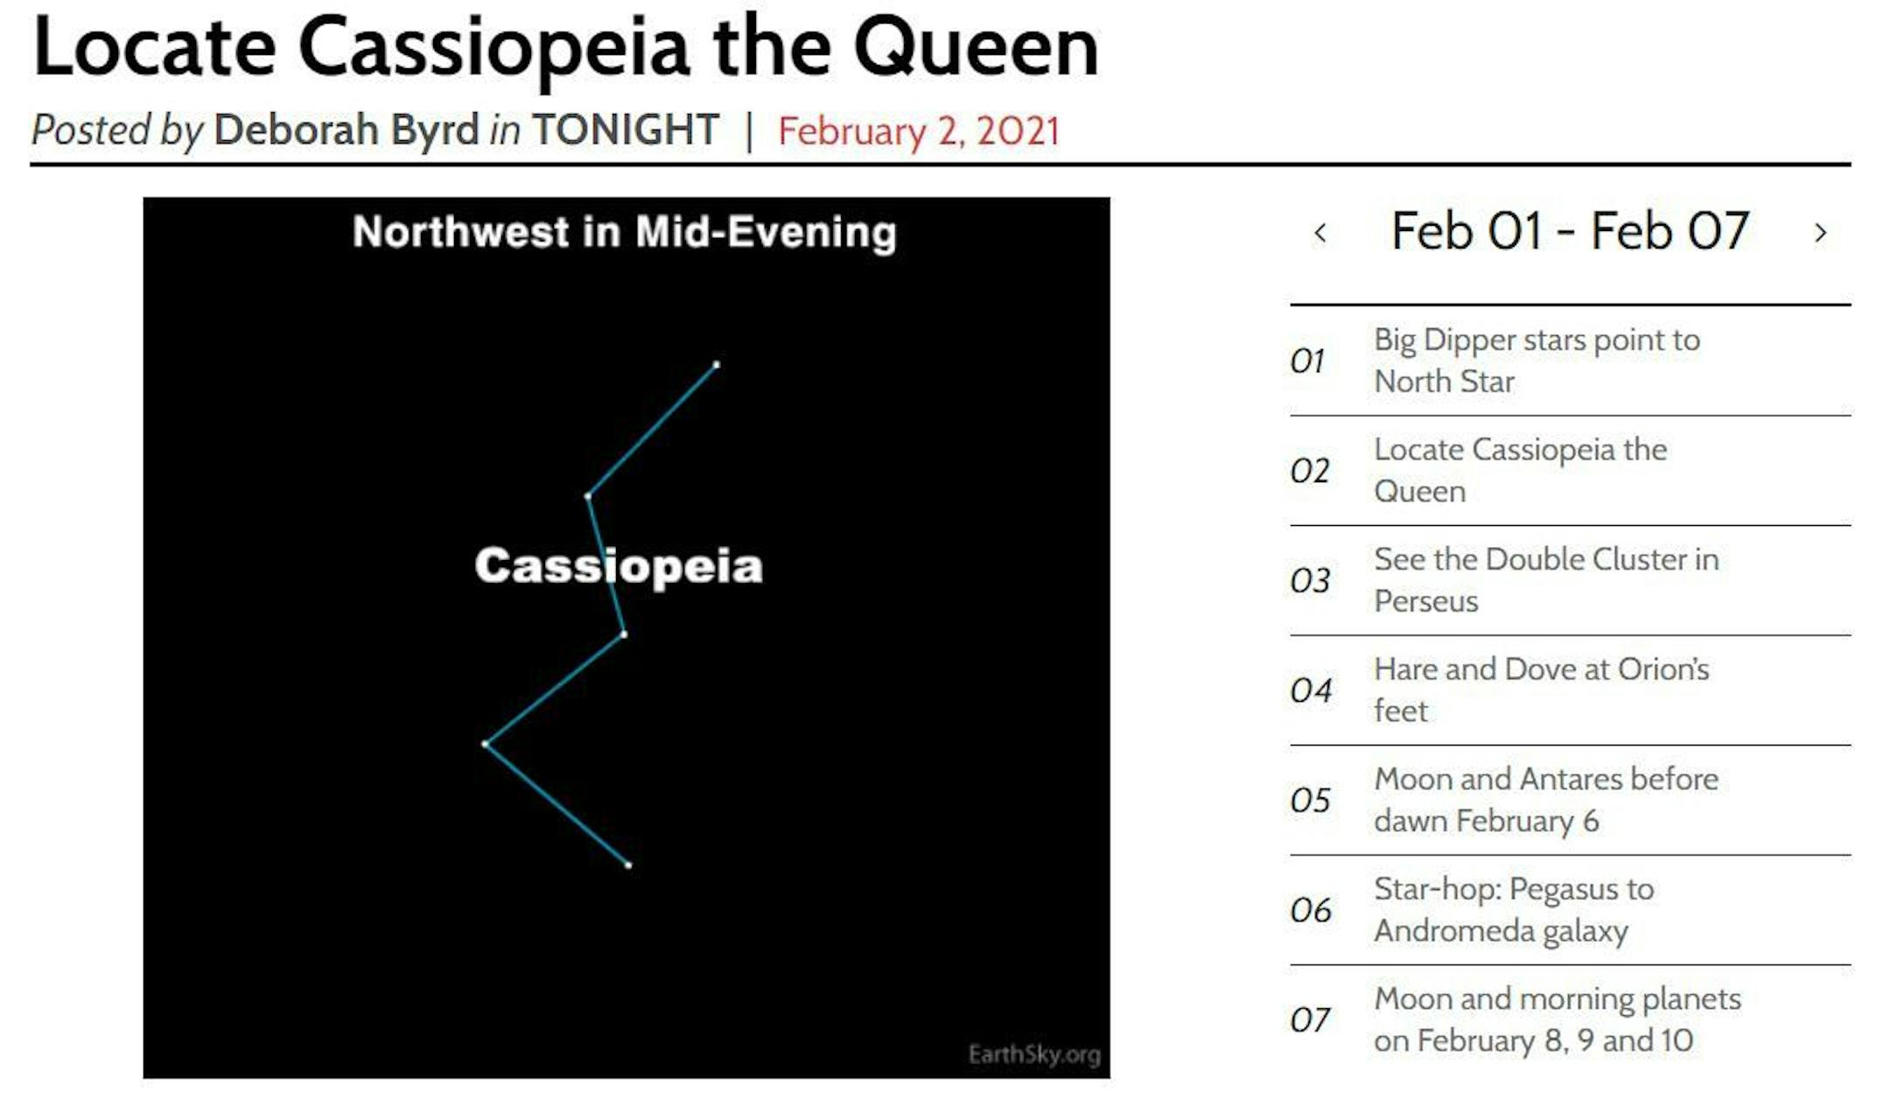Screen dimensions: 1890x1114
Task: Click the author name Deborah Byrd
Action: pos(346,130)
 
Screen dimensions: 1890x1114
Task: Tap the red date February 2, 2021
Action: pos(919,131)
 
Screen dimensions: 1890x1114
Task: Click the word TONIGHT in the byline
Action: pos(626,130)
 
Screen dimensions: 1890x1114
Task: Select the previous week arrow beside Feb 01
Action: pos(1320,233)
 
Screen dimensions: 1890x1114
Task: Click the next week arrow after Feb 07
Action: pos(1821,233)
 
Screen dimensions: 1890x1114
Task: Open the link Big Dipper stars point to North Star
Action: pos(1536,361)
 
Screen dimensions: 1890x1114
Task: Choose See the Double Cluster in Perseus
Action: pos(1546,580)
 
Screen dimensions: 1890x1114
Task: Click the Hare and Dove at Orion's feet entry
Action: pos(1541,690)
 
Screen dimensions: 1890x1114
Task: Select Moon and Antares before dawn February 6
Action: pos(1546,800)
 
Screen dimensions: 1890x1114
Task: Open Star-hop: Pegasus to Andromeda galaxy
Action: pos(1514,910)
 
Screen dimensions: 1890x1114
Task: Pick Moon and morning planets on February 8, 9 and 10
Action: pos(1557,1019)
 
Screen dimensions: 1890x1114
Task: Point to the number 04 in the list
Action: pos(1311,690)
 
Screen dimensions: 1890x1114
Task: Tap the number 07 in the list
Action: pos(1310,1019)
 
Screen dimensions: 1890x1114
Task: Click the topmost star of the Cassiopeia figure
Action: pos(717,364)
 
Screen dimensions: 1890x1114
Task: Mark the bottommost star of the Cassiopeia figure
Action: pos(628,865)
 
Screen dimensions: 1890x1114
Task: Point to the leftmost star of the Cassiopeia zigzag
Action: pos(485,744)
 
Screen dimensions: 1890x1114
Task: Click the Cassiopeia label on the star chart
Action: pos(619,565)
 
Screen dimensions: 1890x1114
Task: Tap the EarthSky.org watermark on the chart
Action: pos(1034,1054)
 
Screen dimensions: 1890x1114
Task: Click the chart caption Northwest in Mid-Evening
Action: pos(625,233)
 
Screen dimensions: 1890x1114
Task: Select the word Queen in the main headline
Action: pos(976,47)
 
